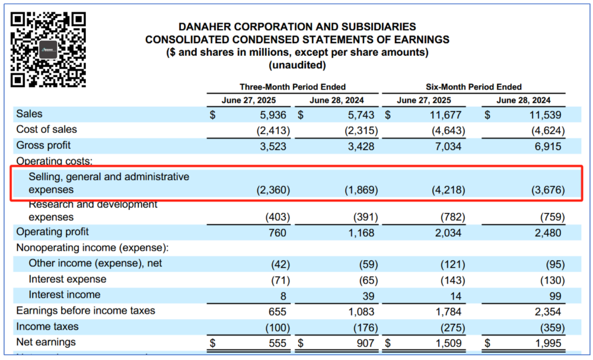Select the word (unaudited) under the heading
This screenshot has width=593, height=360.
click(x=298, y=65)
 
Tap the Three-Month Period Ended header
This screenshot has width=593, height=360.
click(x=292, y=87)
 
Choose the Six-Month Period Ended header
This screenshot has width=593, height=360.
click(x=473, y=87)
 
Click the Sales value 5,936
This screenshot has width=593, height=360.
click(x=273, y=114)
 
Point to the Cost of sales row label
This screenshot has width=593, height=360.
click(x=47, y=129)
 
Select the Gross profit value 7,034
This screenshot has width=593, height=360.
click(x=448, y=146)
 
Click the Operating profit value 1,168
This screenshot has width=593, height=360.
click(x=362, y=232)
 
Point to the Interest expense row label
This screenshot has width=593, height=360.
click(x=68, y=279)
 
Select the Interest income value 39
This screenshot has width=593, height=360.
click(x=368, y=295)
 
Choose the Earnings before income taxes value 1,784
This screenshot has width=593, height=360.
click(x=448, y=311)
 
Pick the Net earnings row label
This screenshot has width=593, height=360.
click(x=46, y=342)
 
